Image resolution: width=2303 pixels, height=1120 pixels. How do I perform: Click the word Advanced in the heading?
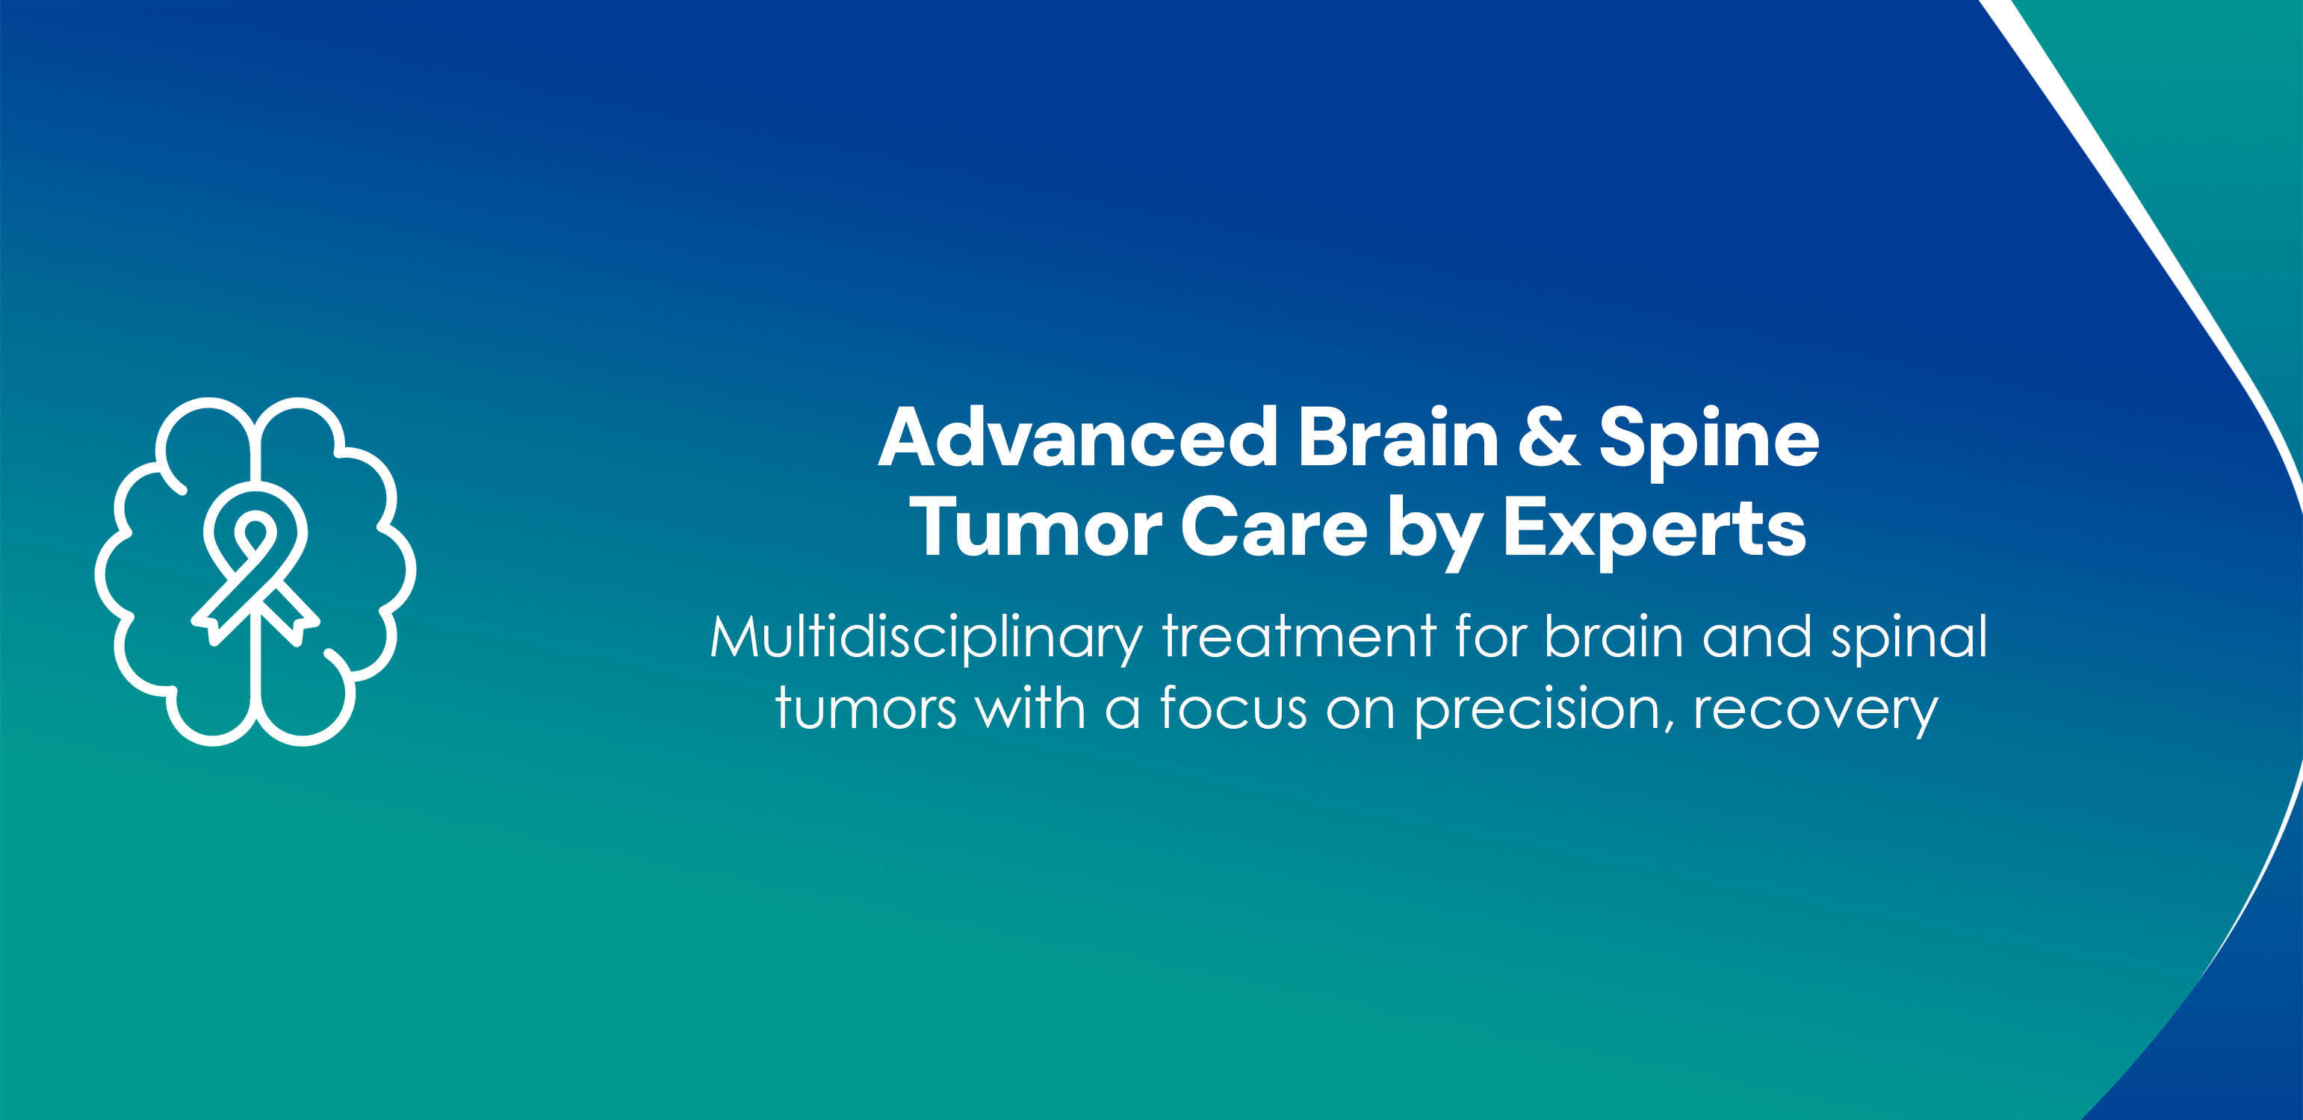click(x=1078, y=438)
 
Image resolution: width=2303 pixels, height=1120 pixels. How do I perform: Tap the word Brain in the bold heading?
click(x=1398, y=438)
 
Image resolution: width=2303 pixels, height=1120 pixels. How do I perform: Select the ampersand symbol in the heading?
click(x=1549, y=438)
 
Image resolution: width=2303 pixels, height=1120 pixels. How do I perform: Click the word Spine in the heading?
click(x=1708, y=443)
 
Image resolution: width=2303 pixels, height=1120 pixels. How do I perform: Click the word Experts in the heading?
click(x=1654, y=532)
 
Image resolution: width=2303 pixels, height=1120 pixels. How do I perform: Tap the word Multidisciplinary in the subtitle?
click(x=926, y=638)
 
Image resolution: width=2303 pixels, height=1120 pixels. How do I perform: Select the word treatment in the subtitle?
click(x=1299, y=638)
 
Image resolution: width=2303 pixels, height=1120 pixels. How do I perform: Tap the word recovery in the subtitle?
click(x=1815, y=713)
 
